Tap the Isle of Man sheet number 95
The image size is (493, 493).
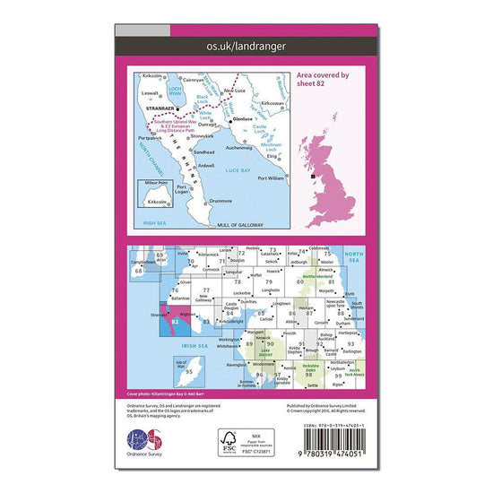[x=190, y=371]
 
